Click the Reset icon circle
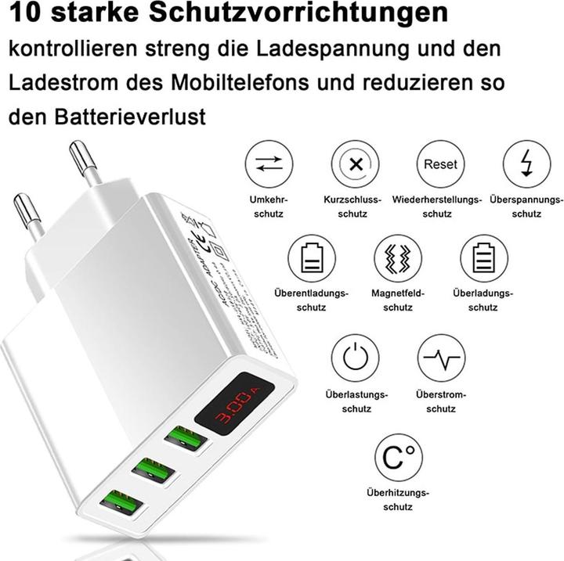439,164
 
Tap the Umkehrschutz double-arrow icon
269,164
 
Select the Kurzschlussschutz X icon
355,164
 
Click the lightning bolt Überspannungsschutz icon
526,164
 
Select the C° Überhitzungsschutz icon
398,457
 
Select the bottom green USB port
114,502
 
